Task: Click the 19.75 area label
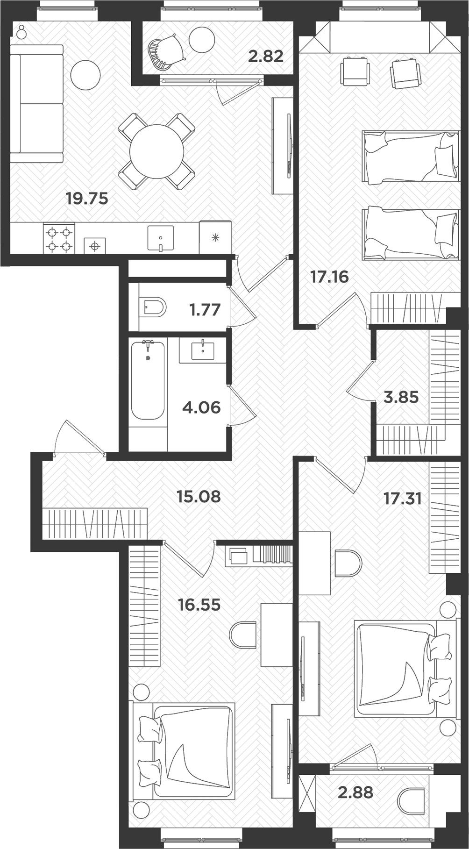coord(87,199)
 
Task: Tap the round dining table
coord(156,151)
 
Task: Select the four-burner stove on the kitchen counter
coord(59,238)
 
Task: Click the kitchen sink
coord(160,238)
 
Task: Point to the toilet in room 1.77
coord(155,307)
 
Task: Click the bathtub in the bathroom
coord(148,380)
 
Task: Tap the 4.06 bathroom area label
coord(201,407)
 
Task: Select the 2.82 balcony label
coord(265,57)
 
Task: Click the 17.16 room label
coord(329,277)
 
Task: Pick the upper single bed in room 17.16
coord(410,156)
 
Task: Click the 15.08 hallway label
coord(199,496)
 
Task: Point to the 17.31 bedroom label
coord(402,499)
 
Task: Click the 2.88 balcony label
coord(355,792)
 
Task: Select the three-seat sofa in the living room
coord(36,104)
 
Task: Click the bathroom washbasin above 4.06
coord(203,350)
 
